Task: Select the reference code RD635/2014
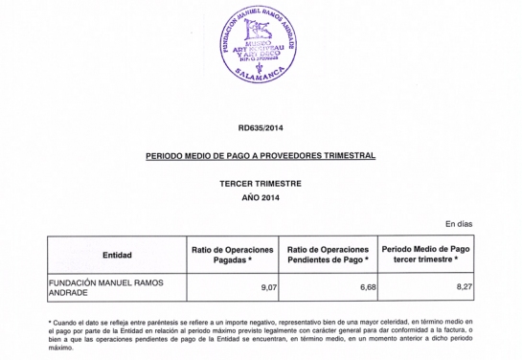pos(261,127)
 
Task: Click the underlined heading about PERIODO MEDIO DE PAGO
pos(261,154)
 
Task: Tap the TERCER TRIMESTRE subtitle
pos(261,182)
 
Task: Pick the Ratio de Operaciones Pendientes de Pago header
pos(329,255)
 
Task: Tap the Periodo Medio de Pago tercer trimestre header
pos(428,255)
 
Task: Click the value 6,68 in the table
pos(358,285)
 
